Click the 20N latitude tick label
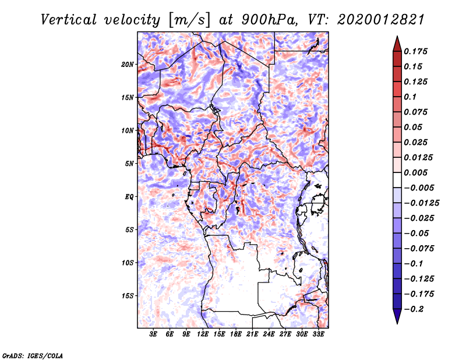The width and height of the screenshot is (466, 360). (x=128, y=64)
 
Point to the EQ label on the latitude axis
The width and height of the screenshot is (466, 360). (x=129, y=197)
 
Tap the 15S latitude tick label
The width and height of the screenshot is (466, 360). (x=128, y=296)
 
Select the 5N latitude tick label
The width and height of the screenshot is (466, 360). (x=129, y=164)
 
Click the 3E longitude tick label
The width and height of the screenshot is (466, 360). (x=153, y=334)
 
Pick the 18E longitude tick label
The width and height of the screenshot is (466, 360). (x=236, y=334)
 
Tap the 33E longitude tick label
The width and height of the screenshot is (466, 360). (x=318, y=334)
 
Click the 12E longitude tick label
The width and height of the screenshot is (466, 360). (x=203, y=334)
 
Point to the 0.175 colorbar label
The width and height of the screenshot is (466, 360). (x=415, y=51)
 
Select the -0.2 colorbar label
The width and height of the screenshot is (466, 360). (x=414, y=309)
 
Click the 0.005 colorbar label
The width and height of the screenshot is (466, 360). (x=415, y=172)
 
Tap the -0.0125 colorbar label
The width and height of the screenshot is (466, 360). (x=421, y=203)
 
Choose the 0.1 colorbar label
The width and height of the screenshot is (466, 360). (x=410, y=97)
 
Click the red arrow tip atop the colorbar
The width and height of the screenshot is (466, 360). (x=397, y=36)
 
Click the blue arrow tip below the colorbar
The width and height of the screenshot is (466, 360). (x=397, y=323)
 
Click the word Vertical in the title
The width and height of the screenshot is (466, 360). (x=69, y=20)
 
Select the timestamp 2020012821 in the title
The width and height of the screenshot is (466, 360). (x=380, y=20)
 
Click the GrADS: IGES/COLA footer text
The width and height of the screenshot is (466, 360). (x=33, y=355)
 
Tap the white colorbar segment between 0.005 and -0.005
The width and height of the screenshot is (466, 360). (x=397, y=180)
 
